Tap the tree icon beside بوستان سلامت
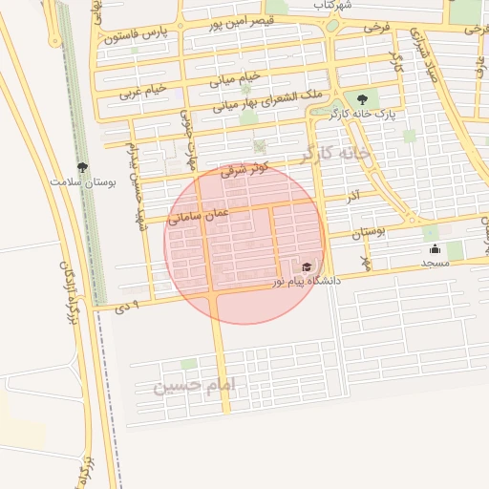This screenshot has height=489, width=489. tap(82, 167)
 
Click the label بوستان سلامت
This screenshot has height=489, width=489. tap(83, 181)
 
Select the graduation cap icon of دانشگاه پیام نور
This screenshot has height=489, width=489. tap(307, 267)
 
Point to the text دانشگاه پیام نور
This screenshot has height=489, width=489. tap(307, 282)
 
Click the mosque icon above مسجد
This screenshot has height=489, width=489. tap(435, 250)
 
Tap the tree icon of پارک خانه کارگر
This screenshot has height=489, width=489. tap(361, 98)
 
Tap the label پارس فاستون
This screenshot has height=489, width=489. tap(136, 35)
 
